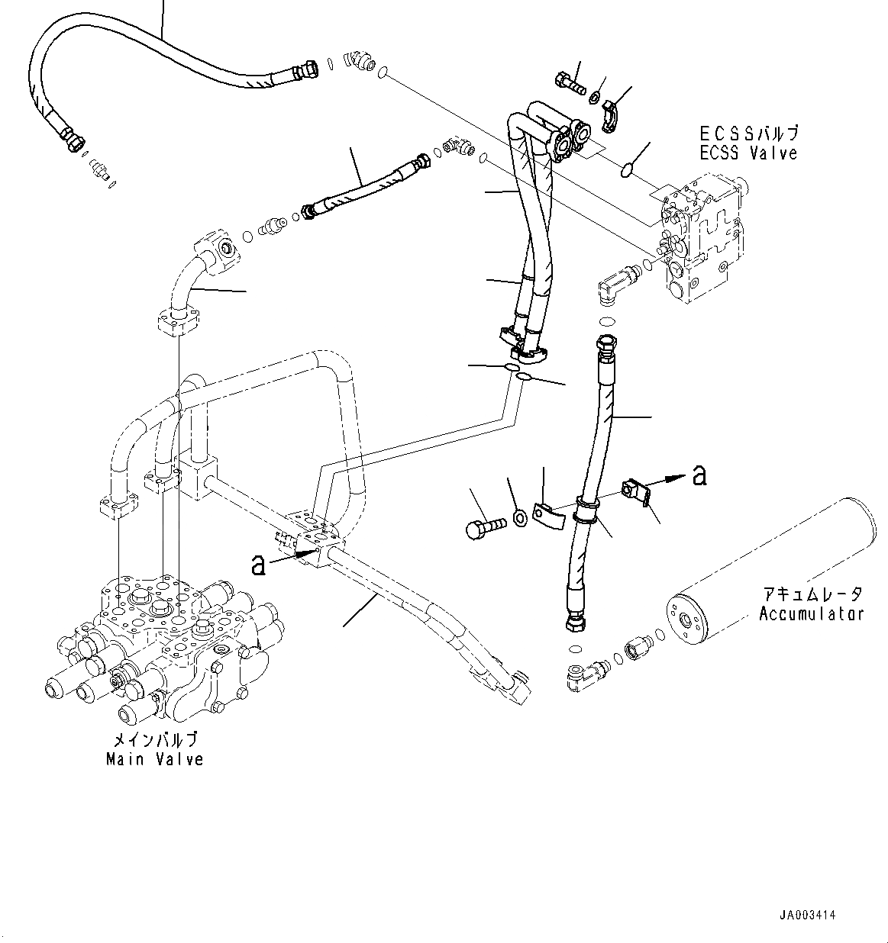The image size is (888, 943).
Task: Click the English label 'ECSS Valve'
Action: (x=748, y=153)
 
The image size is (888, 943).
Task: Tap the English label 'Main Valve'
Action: (x=155, y=759)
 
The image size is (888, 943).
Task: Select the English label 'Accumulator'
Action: (x=811, y=613)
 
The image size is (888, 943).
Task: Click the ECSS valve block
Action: (x=699, y=237)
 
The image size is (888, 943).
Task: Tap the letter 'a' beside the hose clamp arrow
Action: (x=699, y=475)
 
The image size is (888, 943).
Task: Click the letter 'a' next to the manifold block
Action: (x=260, y=564)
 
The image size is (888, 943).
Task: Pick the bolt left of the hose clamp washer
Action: (x=485, y=526)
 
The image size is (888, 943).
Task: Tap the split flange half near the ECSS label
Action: (x=612, y=111)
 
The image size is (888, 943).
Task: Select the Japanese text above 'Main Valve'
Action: (x=155, y=739)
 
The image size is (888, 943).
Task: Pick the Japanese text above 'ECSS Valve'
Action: (x=748, y=134)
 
